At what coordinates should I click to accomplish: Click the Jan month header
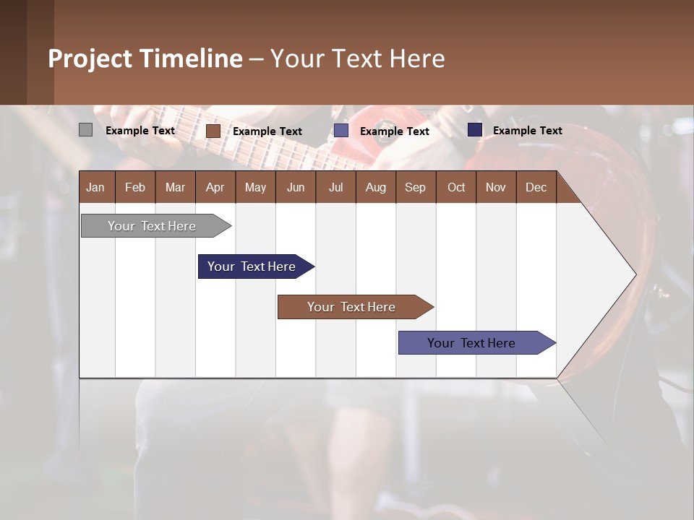click(x=95, y=187)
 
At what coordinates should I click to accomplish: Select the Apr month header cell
click(x=215, y=187)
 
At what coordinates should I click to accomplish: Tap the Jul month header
click(x=335, y=187)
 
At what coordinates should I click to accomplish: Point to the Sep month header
click(x=415, y=187)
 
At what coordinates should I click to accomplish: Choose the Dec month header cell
click(x=536, y=187)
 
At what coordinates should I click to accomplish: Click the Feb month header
click(x=135, y=187)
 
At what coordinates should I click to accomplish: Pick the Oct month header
click(x=456, y=187)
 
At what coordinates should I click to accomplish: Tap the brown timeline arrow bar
click(x=352, y=307)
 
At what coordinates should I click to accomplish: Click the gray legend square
click(x=85, y=130)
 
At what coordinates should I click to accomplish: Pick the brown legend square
click(x=213, y=131)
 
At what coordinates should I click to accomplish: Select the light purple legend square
click(x=340, y=131)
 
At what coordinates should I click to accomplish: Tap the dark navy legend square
click(x=474, y=130)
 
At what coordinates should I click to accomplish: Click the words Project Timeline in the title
click(x=145, y=58)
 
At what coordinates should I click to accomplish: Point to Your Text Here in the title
click(x=358, y=58)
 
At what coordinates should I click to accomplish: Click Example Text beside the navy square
click(x=527, y=131)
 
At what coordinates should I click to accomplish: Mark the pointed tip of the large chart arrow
click(x=634, y=274)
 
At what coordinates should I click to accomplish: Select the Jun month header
click(x=296, y=187)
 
